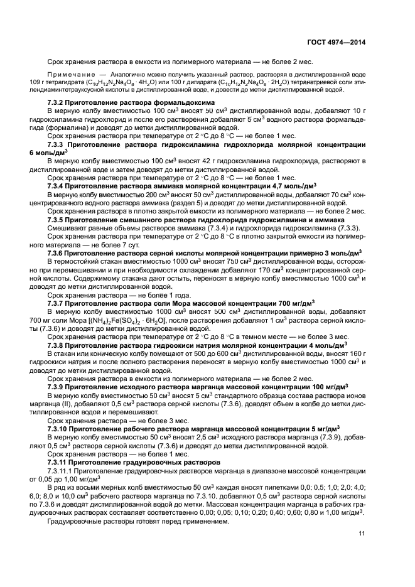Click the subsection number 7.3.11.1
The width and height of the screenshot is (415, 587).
62,471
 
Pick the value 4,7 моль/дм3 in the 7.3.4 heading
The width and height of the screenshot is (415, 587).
289,186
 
